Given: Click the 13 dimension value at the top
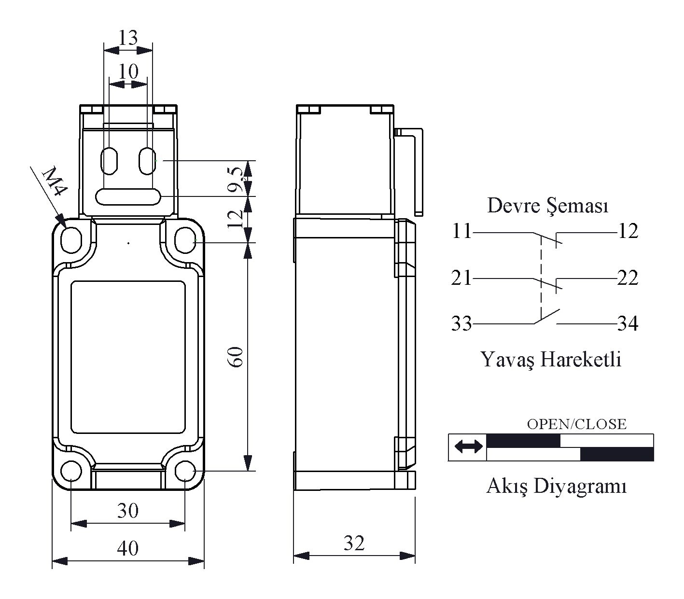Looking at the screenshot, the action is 128,38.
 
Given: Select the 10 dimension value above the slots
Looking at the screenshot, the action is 128,71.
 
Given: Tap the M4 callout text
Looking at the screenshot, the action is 55,182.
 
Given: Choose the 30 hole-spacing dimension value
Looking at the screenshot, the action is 128,510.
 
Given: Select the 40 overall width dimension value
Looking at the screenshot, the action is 128,548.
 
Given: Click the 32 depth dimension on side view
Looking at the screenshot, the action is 354,543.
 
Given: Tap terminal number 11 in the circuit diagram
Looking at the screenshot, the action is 461,231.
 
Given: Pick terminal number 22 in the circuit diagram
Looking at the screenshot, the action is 628,278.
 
